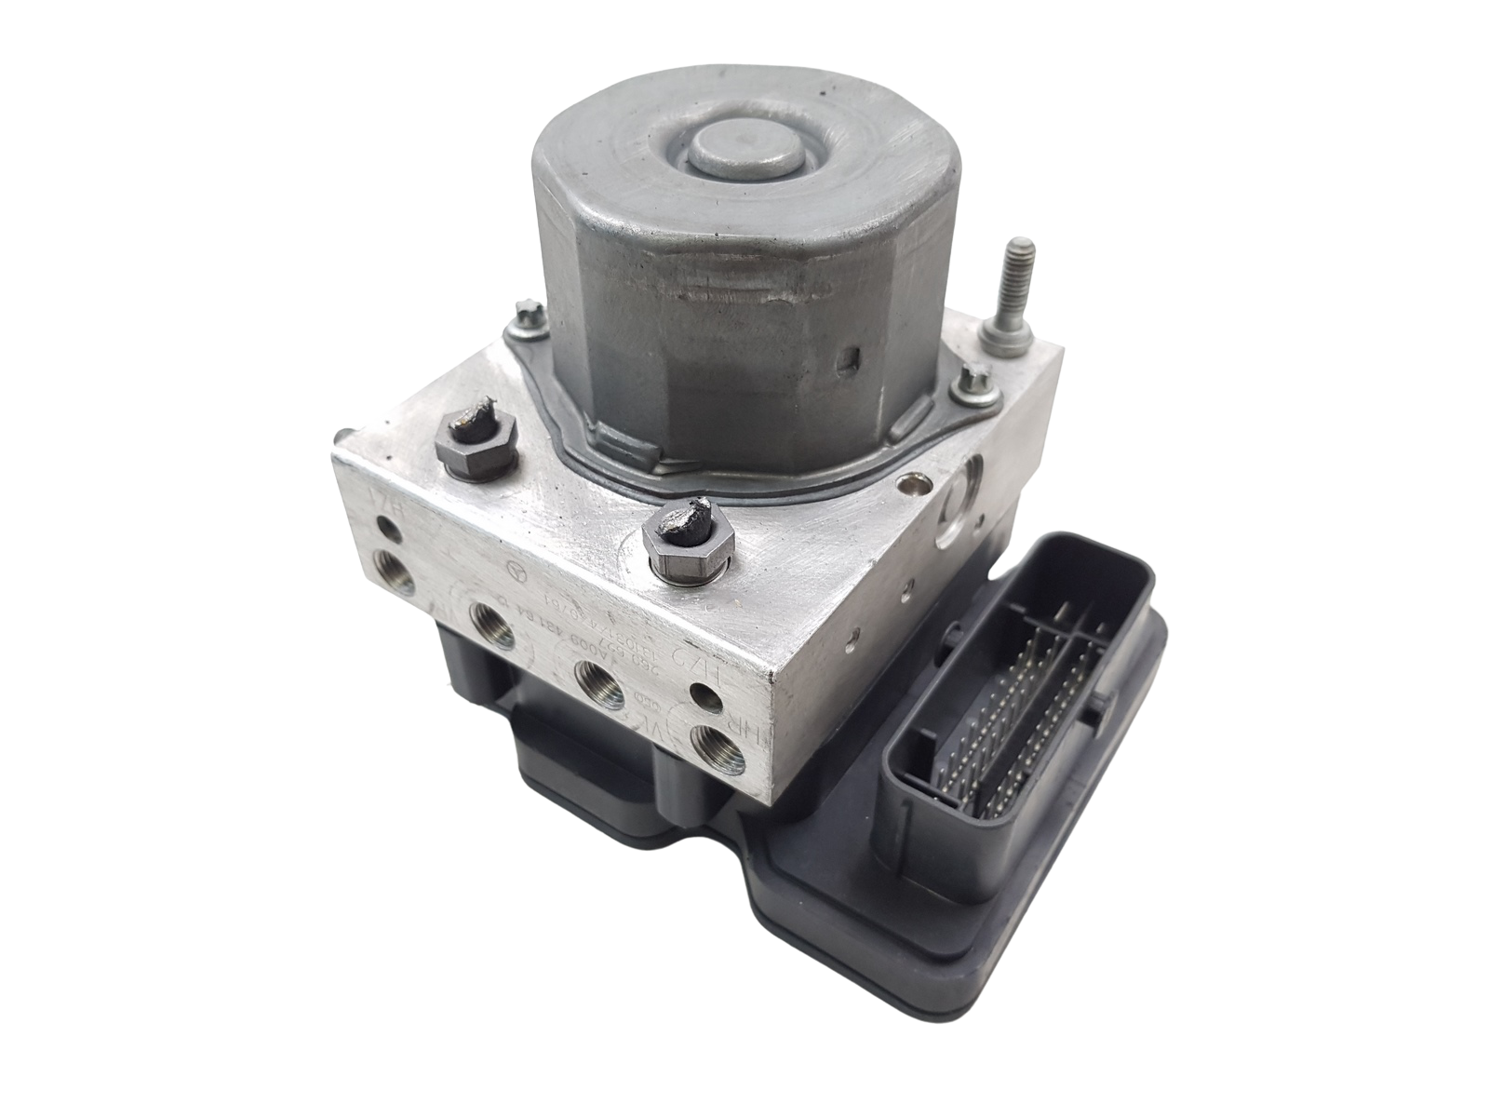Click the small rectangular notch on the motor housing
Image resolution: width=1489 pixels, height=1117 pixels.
pyautogui.click(x=848, y=357)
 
